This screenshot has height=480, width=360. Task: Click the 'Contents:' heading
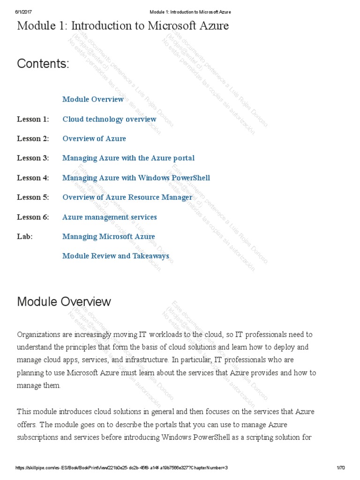pyautogui.click(x=43, y=64)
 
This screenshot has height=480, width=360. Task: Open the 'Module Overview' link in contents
pyautogui.click(x=93, y=99)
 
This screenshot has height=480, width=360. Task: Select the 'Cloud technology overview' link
pyautogui.click(x=109, y=119)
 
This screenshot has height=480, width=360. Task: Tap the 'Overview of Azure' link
pyautogui.click(x=94, y=139)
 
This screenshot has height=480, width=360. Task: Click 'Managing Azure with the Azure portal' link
pyautogui.click(x=128, y=158)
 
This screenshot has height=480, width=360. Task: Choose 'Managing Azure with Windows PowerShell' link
pyautogui.click(x=136, y=178)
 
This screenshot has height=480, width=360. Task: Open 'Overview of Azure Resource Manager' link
pyautogui.click(x=127, y=197)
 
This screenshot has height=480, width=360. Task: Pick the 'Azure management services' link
pyautogui.click(x=110, y=217)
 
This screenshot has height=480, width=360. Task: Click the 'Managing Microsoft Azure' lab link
pyautogui.click(x=108, y=237)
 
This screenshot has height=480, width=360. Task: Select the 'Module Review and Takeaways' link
pyautogui.click(x=116, y=256)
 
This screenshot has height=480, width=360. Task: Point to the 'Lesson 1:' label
pyautogui.click(x=33, y=119)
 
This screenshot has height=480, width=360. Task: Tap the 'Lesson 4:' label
pyautogui.click(x=33, y=178)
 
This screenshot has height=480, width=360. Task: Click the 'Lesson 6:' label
pyautogui.click(x=33, y=217)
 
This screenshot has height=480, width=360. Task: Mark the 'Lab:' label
pyautogui.click(x=25, y=237)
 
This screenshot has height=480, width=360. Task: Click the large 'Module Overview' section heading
pyautogui.click(x=64, y=301)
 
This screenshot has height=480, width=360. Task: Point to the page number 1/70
pyautogui.click(x=340, y=468)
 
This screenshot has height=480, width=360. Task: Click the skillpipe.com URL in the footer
pyautogui.click(x=121, y=468)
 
